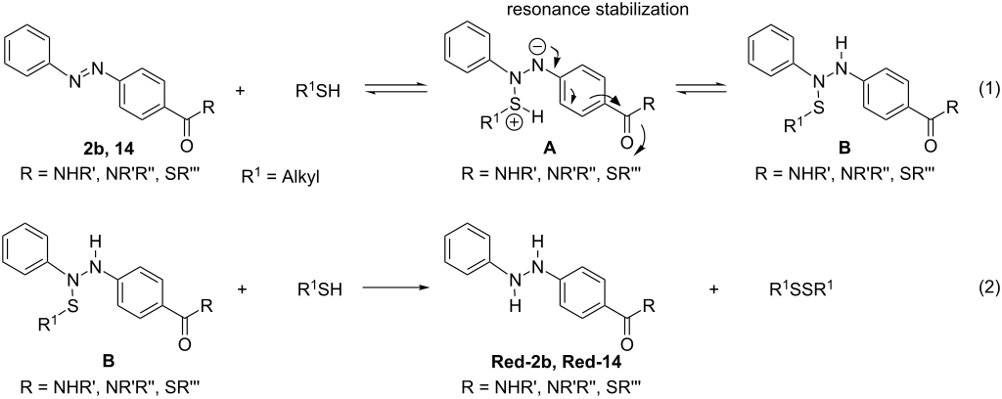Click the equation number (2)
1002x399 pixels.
tap(979, 289)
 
